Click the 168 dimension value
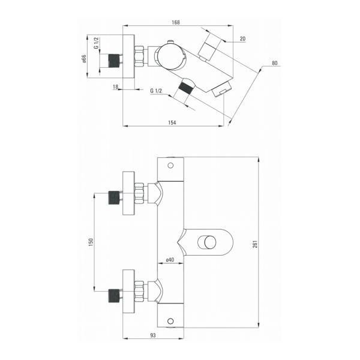pos(176,22)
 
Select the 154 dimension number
pos(172,122)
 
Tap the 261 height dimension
pos(255,244)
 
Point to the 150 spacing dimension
pos(91,242)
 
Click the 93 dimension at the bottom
pos(153,335)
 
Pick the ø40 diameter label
pos(170,260)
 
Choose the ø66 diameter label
pos(83,59)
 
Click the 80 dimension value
pos(275,63)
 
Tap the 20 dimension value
pos(242,39)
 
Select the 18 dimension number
pos(115,86)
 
